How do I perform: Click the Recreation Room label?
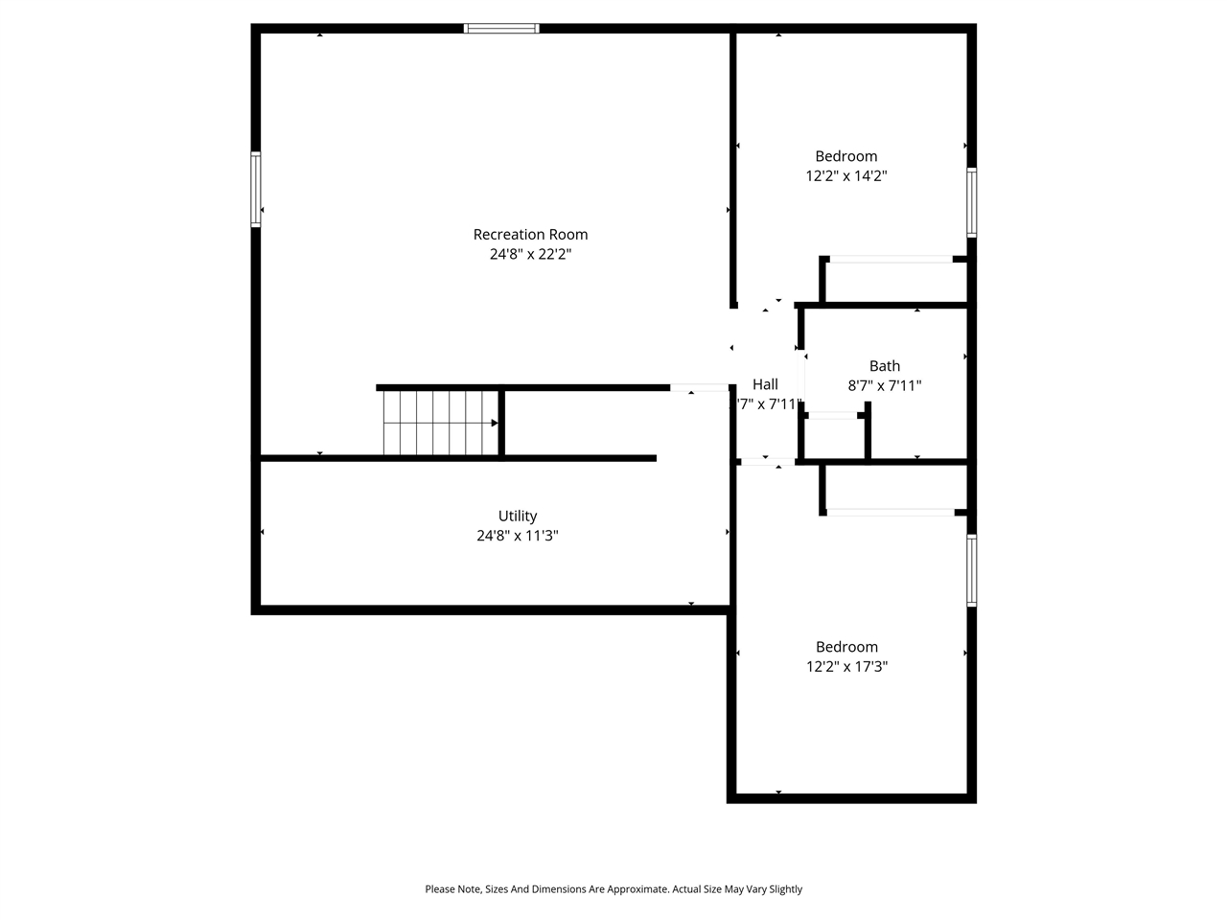(530, 235)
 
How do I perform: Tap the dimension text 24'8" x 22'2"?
(530, 255)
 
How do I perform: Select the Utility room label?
(518, 517)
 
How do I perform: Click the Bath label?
(885, 366)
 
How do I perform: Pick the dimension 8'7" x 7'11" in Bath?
(885, 386)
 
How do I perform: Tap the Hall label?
(765, 384)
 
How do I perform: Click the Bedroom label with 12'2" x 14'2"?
(846, 156)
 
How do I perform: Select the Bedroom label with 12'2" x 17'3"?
(846, 647)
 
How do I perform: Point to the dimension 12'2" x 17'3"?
(846, 667)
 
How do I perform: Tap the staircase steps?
(436, 423)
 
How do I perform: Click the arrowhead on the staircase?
(495, 423)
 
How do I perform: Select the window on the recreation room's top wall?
(501, 29)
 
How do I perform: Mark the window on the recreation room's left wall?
(256, 190)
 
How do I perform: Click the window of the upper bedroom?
(971, 202)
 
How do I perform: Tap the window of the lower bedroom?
(971, 570)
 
